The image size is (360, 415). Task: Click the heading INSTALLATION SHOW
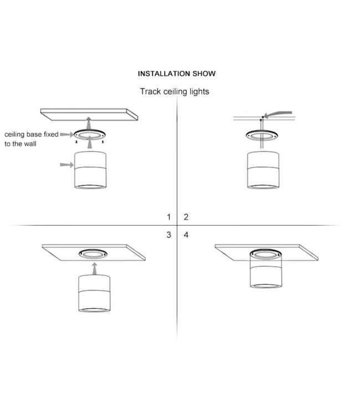tap(177, 74)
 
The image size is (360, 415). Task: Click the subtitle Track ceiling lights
tap(174, 91)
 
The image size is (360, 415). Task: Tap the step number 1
tap(169, 217)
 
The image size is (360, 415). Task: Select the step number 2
tap(186, 217)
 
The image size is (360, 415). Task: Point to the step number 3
tap(169, 235)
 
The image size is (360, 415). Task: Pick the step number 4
tap(186, 235)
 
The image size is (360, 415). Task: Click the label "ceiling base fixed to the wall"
tap(31, 139)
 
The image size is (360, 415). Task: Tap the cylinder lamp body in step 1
tap(90, 170)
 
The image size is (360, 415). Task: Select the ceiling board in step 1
tap(89, 115)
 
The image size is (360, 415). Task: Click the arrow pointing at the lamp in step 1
tap(67, 165)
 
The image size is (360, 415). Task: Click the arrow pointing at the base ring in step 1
tap(67, 134)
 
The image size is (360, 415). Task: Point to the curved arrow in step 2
tap(277, 114)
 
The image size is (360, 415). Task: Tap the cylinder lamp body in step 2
tap(263, 170)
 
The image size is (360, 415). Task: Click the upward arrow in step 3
tap(94, 268)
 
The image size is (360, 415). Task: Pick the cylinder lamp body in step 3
tap(94, 293)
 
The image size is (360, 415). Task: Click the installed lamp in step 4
tap(266, 268)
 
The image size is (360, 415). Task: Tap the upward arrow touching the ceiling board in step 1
tap(89, 123)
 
